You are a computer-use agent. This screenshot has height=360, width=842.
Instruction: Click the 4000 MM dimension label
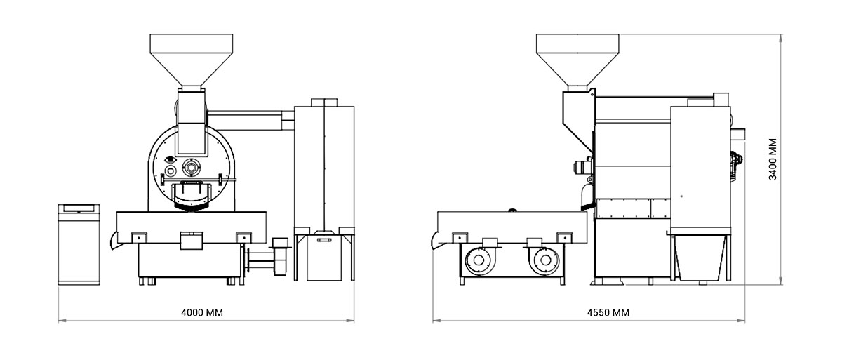pos(202,313)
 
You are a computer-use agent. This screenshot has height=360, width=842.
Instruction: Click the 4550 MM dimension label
pos(608,313)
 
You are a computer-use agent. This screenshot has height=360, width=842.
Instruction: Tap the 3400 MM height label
pos(773,159)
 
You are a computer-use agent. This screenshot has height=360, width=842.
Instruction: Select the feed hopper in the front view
pos(192,60)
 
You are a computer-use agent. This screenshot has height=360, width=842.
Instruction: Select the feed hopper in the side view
pos(577,60)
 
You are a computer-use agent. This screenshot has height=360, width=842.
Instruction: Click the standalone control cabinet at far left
pos(79,245)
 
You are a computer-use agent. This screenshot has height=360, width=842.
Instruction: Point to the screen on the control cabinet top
pos(79,208)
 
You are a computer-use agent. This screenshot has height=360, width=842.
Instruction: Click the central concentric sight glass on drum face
pos(192,167)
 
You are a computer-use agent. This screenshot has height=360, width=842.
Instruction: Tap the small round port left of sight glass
pos(171,171)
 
